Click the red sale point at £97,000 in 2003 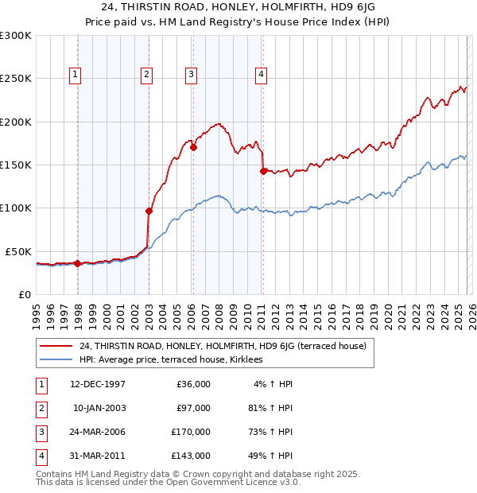[149, 211]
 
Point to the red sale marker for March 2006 [193, 147]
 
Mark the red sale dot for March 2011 [263, 170]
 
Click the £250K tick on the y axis [16, 79]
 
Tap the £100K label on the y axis [16, 208]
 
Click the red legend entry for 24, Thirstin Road [223, 346]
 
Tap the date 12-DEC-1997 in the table [98, 384]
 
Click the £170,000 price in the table [191, 433]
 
